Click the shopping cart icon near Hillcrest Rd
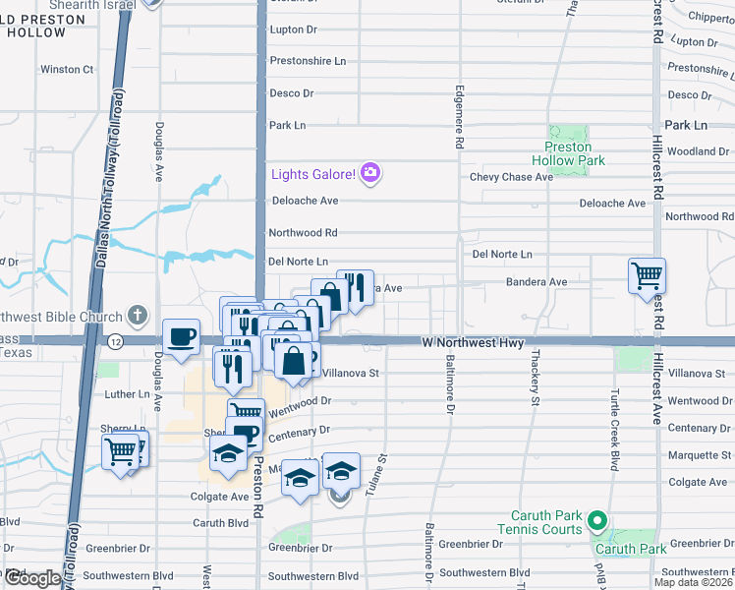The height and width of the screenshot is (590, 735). click(648, 276)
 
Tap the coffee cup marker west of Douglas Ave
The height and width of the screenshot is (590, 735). click(181, 337)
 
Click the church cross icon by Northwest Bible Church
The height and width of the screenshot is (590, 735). click(139, 317)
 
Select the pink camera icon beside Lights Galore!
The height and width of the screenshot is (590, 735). click(369, 174)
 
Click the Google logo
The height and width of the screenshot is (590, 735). click(33, 578)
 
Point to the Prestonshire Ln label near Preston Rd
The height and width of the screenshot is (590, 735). click(308, 61)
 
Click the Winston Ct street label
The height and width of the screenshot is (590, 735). click(67, 70)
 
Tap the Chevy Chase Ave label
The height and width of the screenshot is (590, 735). click(511, 177)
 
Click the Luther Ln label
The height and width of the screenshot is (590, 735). click(127, 394)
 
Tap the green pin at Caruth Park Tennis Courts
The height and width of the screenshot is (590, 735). click(596, 520)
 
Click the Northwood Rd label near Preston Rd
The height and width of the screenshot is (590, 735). click(303, 234)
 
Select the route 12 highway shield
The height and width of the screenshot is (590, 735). click(116, 340)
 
